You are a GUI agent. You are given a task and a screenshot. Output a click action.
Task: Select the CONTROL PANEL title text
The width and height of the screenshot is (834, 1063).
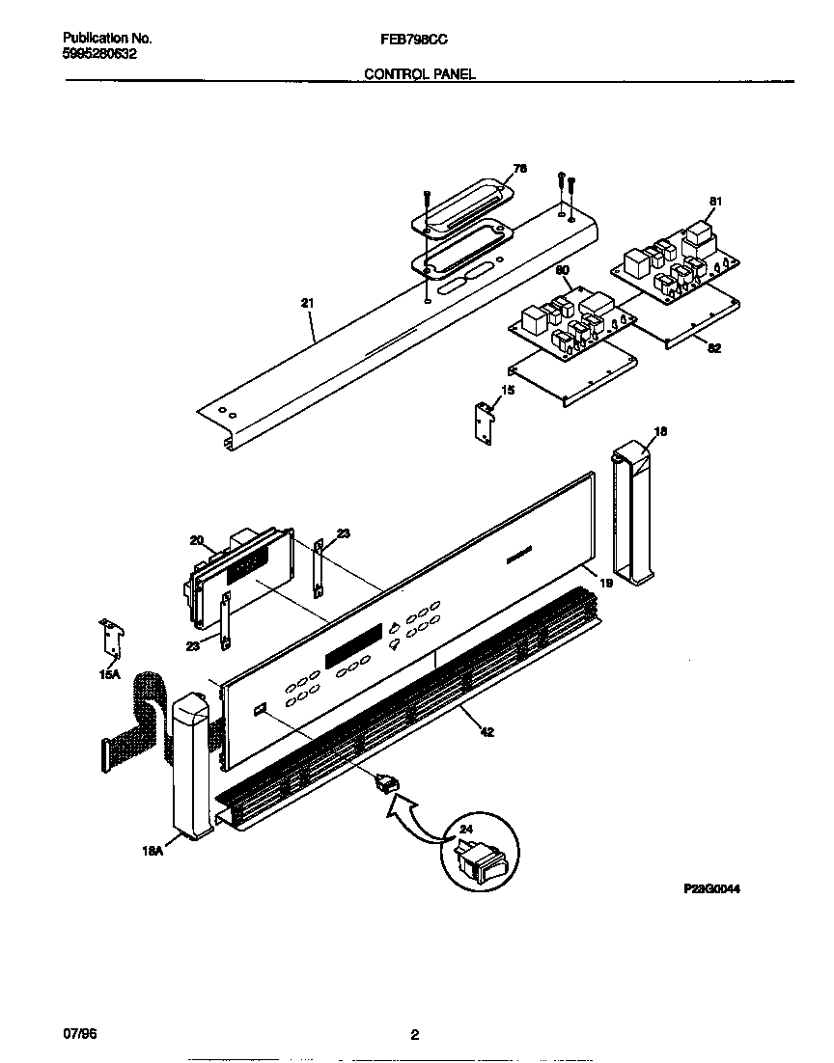pos(419,74)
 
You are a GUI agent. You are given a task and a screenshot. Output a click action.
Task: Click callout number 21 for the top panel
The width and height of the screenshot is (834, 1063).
pos(308,303)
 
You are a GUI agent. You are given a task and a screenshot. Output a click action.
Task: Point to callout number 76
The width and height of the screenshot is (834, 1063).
pos(520,169)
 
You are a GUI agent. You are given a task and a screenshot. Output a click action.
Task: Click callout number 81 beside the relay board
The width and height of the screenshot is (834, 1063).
pos(715,202)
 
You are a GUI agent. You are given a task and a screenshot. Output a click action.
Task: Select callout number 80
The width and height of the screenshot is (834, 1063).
pos(563,271)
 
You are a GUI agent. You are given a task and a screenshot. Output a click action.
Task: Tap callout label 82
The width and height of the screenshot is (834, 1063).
pos(714,348)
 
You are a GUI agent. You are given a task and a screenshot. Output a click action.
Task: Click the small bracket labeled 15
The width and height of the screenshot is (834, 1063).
pos(484,421)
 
